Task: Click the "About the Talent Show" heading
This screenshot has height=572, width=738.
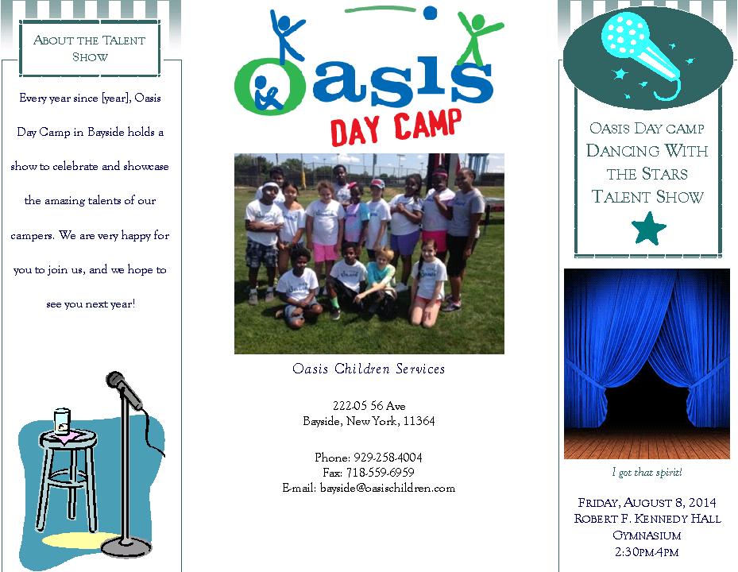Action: click(x=90, y=48)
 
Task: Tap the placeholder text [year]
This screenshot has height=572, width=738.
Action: click(x=117, y=98)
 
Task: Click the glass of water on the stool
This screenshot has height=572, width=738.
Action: click(x=62, y=421)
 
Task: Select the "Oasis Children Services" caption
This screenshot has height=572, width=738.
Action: click(x=369, y=369)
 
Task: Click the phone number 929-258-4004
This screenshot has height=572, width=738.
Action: click(x=388, y=457)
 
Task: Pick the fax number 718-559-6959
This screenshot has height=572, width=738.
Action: click(x=381, y=472)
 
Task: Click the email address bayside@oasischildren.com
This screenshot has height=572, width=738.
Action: click(x=388, y=488)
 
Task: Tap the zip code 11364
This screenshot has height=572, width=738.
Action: click(x=419, y=420)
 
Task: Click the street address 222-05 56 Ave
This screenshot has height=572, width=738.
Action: click(x=369, y=405)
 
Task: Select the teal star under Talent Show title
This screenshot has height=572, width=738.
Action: click(x=648, y=228)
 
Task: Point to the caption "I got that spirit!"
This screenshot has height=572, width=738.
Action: click(x=647, y=472)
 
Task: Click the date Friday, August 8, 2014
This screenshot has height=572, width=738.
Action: click(x=647, y=502)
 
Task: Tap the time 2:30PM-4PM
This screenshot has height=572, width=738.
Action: click(x=647, y=552)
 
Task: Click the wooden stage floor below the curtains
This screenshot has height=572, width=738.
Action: click(x=647, y=443)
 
